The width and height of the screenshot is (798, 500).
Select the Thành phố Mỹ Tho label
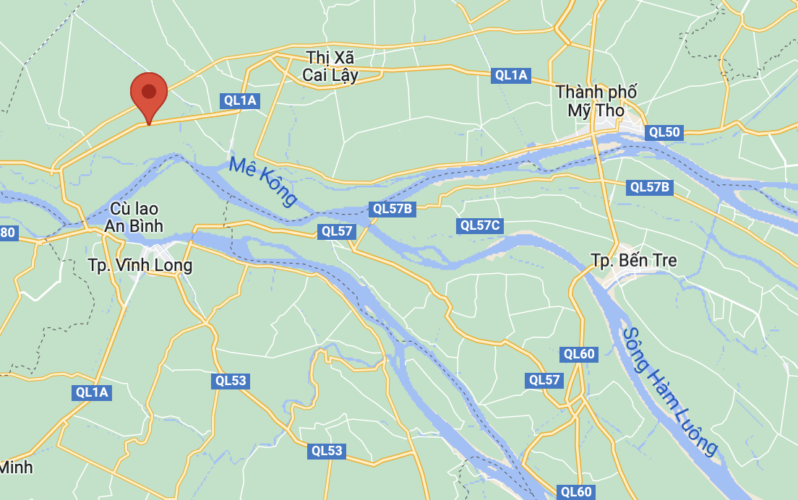pos(596,101)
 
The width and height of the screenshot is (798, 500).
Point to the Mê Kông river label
pos(263,181)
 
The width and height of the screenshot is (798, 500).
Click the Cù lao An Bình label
pos(134,217)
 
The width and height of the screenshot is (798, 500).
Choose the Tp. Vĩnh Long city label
pos(140,265)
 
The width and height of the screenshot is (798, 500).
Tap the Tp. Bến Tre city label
pos(633,260)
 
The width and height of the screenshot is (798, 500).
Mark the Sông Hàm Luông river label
pos(669,391)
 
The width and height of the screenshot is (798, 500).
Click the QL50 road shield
pos(664,132)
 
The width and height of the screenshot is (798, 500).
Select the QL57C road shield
pos(480,225)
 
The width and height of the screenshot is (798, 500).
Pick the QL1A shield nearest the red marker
pos(240,100)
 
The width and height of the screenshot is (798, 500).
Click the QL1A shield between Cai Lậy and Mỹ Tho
pos(511,75)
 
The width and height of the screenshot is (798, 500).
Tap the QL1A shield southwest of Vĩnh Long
pos(92,392)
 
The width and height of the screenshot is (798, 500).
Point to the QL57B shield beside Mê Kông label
pos(392,210)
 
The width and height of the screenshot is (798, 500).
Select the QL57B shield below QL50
pos(650,187)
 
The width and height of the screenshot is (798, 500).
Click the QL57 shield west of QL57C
pos(337,231)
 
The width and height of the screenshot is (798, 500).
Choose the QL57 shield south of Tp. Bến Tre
pos(544,380)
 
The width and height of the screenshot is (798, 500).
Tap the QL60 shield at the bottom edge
pos(576,492)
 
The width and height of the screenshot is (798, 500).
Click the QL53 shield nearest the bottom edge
pos(327,451)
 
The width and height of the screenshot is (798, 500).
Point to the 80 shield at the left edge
pos(8,233)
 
